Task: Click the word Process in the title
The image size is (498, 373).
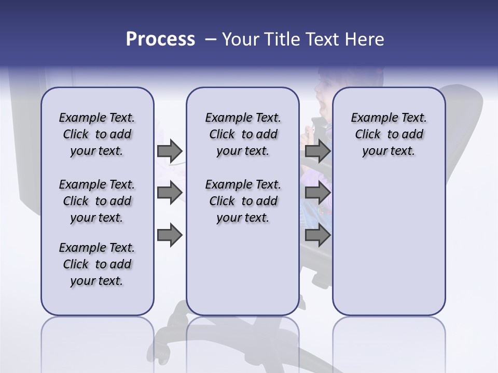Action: point(160,39)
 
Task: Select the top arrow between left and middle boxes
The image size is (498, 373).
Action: point(170,151)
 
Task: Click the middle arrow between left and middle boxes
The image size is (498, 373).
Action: point(170,193)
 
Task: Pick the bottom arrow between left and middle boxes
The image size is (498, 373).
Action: point(170,235)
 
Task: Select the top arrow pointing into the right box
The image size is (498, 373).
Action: point(317,151)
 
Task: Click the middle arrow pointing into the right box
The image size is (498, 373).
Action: point(317,193)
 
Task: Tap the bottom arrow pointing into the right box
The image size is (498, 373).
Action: point(317,235)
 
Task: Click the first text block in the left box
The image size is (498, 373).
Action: point(97,134)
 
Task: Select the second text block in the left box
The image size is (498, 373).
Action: point(97,201)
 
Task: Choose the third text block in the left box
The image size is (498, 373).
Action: point(97,264)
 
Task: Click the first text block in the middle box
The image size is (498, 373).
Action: point(243,134)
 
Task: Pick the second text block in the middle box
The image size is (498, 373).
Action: point(243,201)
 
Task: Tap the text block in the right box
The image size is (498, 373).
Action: point(389,134)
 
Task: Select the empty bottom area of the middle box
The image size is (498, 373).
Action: point(243,275)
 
